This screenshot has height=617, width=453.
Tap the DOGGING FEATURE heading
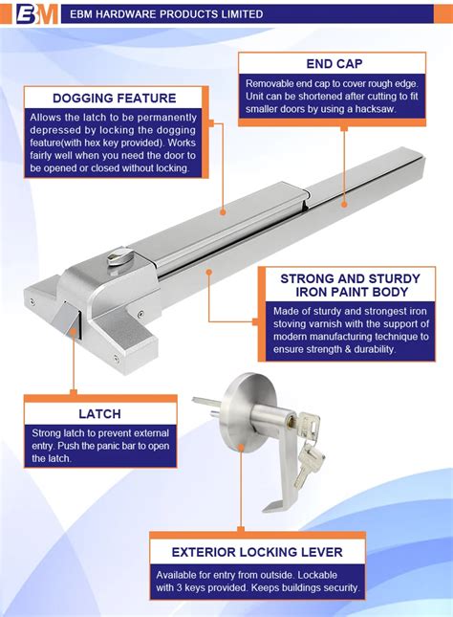point(114,98)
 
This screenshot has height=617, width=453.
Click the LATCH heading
point(99,414)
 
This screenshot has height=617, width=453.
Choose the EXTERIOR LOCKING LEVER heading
point(257,552)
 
